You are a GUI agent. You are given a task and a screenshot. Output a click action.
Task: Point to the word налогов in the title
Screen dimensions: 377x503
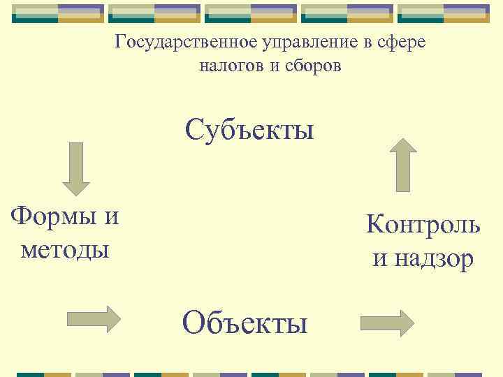(230, 66)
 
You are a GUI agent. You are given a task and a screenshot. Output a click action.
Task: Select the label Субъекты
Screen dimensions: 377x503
(249, 129)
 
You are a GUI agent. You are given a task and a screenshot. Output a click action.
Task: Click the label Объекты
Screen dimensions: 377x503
(245, 323)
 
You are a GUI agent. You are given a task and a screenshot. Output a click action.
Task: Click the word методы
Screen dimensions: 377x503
(65, 249)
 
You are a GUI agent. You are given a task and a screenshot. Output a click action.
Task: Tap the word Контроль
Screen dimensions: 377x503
(423, 225)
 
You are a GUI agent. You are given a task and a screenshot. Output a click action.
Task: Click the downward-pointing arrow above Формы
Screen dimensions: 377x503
(76, 168)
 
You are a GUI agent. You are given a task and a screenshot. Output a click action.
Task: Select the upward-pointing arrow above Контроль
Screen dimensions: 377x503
(402, 165)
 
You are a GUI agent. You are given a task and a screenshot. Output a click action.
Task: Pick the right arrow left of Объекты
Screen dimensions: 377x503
(94, 318)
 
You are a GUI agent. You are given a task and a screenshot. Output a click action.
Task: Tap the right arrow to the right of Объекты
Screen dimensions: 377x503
(387, 323)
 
